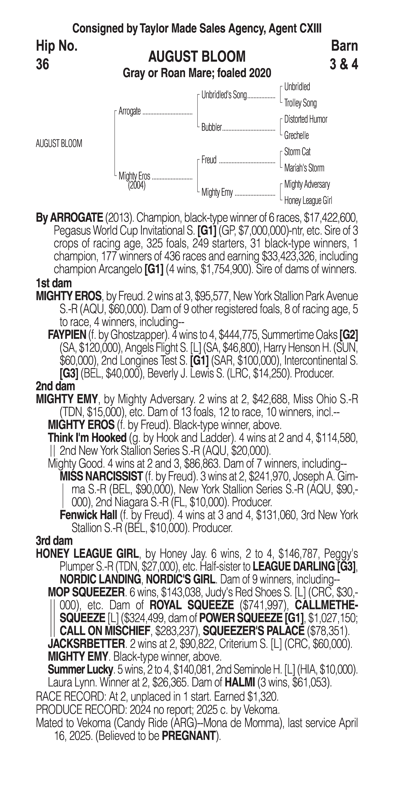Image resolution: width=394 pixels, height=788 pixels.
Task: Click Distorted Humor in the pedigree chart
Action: coord(305,119)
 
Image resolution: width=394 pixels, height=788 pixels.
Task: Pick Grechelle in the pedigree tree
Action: coord(296,136)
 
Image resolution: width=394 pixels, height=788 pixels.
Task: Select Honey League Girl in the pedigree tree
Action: coord(308,201)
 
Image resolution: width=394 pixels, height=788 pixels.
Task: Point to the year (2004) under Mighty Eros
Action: coord(136,185)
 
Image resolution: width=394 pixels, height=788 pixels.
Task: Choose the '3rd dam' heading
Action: coord(54,541)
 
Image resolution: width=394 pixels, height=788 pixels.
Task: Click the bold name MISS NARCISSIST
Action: coord(101,476)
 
